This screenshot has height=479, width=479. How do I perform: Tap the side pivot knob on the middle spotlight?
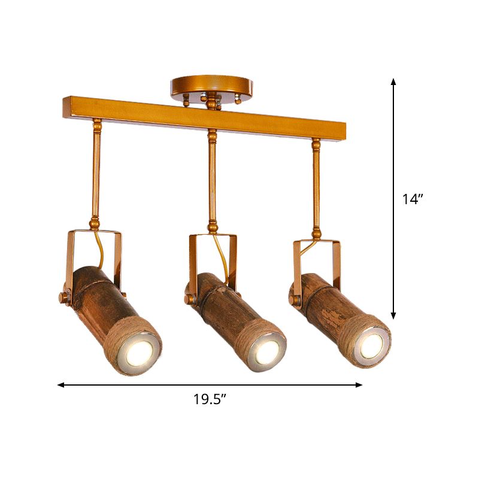pyautogui.click(x=189, y=298)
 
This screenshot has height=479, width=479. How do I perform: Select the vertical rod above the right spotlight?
pyautogui.click(x=316, y=183)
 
